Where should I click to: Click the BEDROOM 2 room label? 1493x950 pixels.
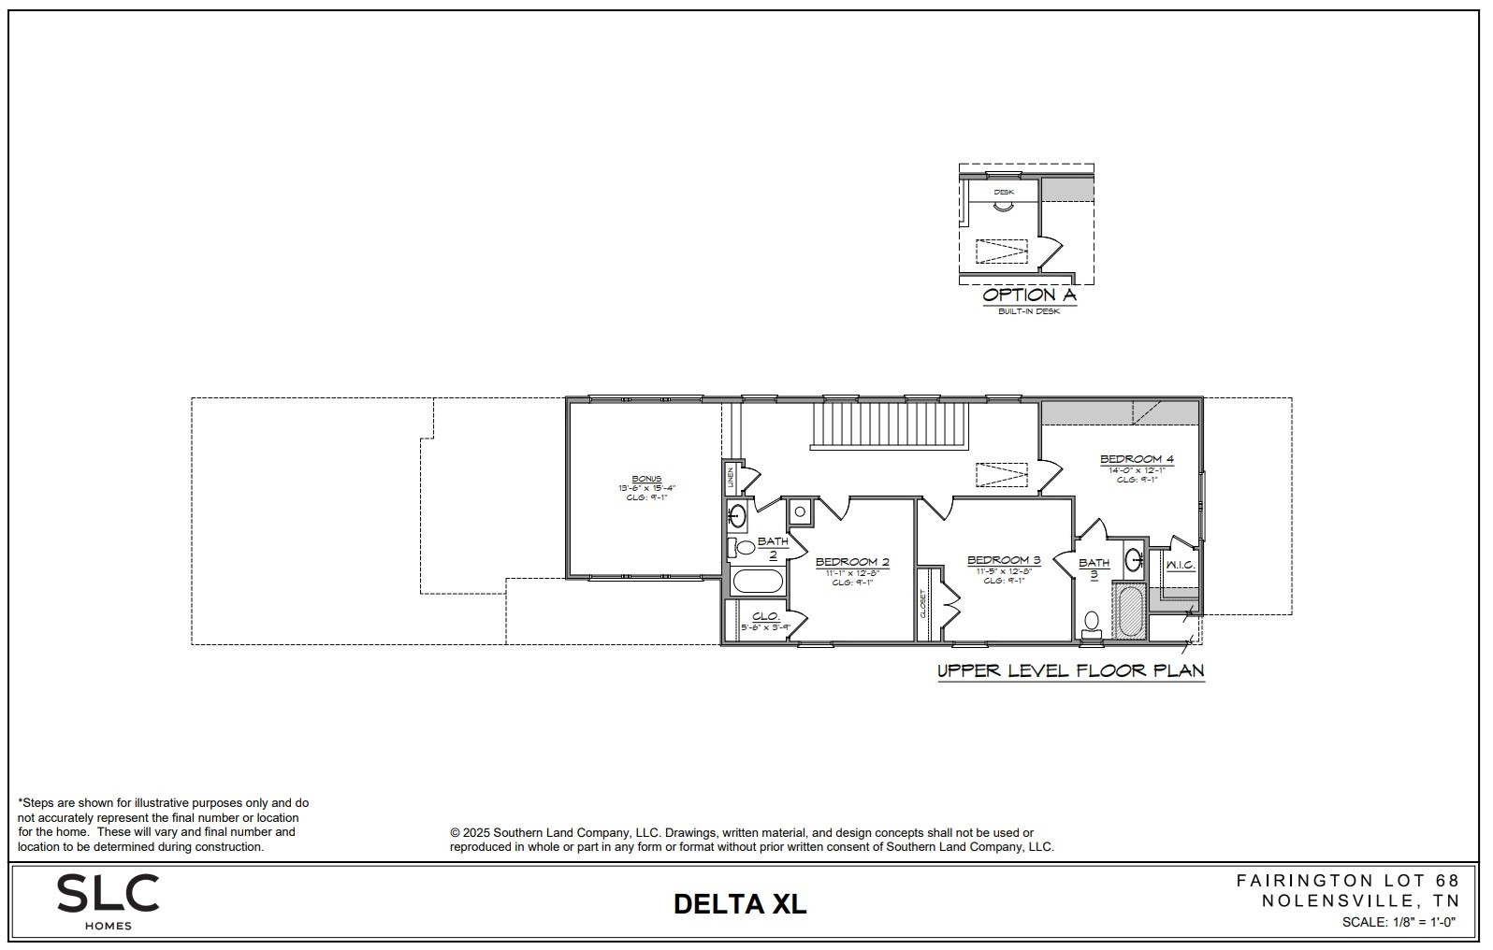pos(851,563)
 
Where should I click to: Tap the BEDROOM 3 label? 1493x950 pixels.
pos(1004,561)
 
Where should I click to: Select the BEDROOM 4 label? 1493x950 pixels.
pos(1136,459)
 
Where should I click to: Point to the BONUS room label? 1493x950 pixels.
pos(645,479)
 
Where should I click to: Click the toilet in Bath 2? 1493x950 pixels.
pos(745,548)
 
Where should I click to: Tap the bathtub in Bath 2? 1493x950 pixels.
pos(757,582)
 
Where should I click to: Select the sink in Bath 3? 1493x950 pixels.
pos(1133,560)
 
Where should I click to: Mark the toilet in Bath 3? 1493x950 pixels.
pos(1091,623)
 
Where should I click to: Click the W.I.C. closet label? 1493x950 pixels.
pos(1179,565)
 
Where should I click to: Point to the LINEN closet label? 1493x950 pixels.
pos(731,478)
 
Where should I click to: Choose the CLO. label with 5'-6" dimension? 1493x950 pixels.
pos(765,617)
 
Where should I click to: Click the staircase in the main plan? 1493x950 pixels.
pos(889,425)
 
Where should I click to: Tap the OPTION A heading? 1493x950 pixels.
pos(1029,295)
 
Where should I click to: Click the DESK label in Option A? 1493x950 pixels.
pos(1003,192)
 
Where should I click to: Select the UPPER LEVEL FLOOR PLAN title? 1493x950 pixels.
pos(1070,670)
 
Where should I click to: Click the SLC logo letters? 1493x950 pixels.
pos(108,894)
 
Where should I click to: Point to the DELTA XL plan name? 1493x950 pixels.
pos(739,904)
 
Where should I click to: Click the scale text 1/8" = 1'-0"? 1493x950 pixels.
pos(1399,922)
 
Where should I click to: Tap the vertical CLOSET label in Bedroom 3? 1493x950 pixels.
pos(922,604)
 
